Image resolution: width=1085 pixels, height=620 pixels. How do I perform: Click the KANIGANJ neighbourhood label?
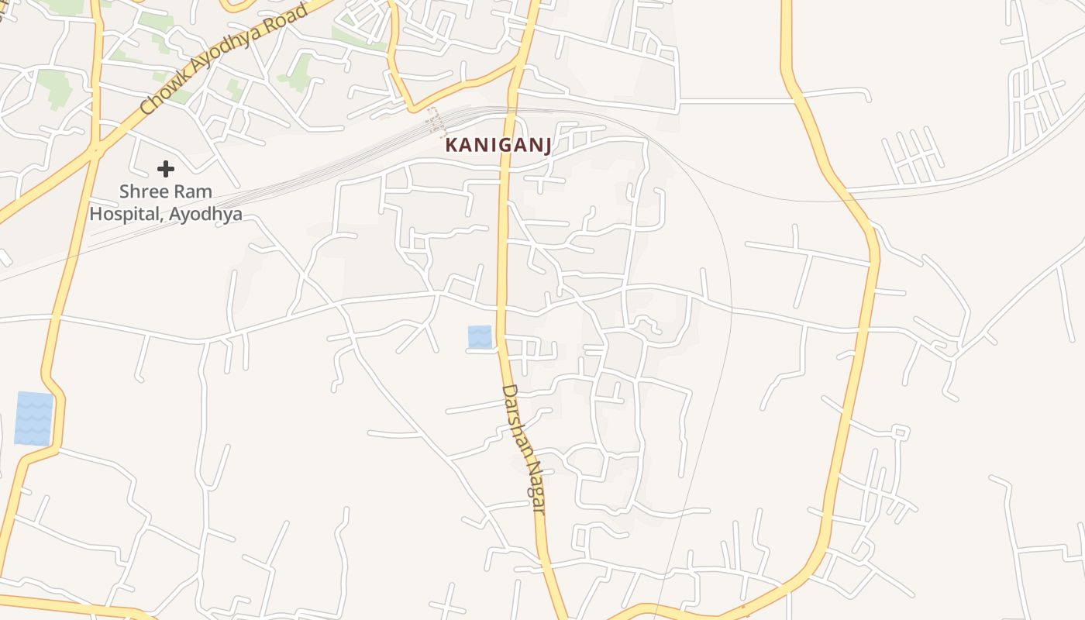coord(498,146)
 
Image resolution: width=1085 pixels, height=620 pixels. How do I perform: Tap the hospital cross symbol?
coord(165,168)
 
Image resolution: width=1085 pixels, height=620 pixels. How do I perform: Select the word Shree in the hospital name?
coord(143,191)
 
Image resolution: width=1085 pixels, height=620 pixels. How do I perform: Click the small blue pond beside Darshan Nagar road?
coord(480,337)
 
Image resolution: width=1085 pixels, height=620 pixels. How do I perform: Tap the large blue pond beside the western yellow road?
coord(34,418)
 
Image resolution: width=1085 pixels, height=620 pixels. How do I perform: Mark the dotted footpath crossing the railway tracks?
coord(436,122)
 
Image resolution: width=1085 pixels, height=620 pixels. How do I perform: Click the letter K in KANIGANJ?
coord(451,146)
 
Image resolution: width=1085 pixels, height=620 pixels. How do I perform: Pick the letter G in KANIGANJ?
coord(500,146)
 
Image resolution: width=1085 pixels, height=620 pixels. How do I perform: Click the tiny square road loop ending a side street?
coord(900,431)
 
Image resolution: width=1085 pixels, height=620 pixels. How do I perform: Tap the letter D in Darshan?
coord(507,392)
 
